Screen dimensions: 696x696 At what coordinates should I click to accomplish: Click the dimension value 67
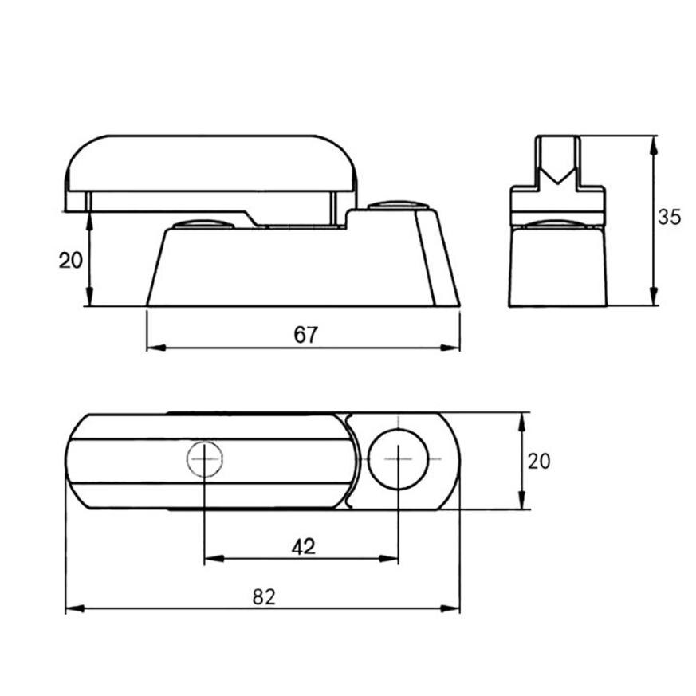[x=305, y=335]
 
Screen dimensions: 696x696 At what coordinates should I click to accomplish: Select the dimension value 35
[x=670, y=217]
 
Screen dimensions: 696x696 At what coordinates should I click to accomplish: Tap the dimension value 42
[x=303, y=547]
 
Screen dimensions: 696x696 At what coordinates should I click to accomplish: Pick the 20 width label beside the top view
[x=539, y=461]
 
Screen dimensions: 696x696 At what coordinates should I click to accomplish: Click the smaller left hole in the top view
[x=205, y=459]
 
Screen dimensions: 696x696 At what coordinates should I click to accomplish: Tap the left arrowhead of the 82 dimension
[x=72, y=609]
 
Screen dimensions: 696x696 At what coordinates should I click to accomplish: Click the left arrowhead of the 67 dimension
[x=154, y=348]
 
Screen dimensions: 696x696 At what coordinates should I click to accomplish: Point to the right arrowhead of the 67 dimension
[x=454, y=348]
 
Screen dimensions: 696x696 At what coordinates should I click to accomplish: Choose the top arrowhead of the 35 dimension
[x=654, y=142]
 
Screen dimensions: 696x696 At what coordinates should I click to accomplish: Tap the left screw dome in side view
[x=203, y=222]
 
